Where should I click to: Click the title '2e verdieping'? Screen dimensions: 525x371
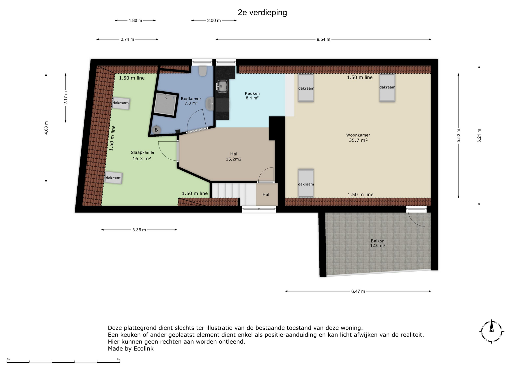point(262,13)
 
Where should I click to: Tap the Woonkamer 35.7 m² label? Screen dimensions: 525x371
point(358,138)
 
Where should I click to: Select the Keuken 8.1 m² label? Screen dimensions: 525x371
point(252,96)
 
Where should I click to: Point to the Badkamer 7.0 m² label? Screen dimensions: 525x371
point(191,101)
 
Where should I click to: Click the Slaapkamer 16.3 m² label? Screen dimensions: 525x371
point(142,155)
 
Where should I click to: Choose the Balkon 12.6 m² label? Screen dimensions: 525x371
point(378,243)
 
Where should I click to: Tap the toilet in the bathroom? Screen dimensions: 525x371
point(203,71)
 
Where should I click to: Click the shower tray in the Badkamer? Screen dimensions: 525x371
point(165,104)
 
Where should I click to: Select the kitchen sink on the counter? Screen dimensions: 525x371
point(222,86)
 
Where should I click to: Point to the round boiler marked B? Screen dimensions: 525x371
point(156,130)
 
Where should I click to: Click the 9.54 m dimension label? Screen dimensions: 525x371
point(323,39)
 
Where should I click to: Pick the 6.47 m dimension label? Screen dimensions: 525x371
point(358,291)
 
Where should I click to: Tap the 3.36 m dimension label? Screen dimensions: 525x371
point(139,230)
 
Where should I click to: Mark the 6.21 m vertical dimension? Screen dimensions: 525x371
point(479,136)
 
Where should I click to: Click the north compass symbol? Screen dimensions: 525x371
point(492,331)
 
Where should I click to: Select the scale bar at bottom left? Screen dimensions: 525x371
point(63,362)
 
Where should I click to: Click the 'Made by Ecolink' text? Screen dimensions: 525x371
point(131,349)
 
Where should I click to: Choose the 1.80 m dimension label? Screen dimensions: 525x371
point(135,20)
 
